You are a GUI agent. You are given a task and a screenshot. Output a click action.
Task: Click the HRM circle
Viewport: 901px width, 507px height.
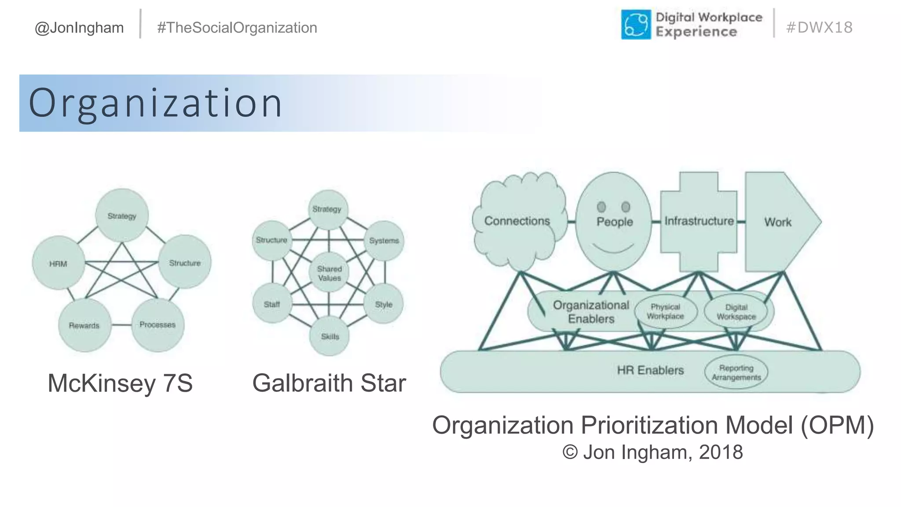click(x=59, y=263)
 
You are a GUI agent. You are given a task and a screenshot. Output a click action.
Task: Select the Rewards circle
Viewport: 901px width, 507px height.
click(x=84, y=325)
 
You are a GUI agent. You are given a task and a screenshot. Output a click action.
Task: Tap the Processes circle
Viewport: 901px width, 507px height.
click(x=157, y=325)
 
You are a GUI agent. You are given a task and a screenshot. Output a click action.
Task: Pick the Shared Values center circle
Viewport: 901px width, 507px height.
click(x=329, y=273)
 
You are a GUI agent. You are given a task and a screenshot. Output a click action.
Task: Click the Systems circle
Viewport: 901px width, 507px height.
click(x=384, y=241)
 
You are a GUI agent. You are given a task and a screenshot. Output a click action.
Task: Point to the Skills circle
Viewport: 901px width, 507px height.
click(x=330, y=336)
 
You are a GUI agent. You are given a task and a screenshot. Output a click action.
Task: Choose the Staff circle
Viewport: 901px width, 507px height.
click(x=272, y=304)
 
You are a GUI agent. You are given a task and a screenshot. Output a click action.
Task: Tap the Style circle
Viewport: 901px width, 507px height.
click(x=384, y=304)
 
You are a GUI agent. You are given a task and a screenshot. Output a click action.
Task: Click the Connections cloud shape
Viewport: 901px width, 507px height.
click(x=517, y=221)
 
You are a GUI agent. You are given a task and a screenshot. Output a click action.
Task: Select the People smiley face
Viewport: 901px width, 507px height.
click(x=614, y=221)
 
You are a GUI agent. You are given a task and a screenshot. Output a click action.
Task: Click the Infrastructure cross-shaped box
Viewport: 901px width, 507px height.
click(x=699, y=221)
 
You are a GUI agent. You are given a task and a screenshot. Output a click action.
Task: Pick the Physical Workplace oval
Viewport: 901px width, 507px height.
click(x=665, y=312)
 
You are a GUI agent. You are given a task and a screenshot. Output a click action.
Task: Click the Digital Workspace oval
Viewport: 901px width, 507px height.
click(x=736, y=312)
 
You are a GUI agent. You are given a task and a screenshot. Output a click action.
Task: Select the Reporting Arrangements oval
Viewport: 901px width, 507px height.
click(x=736, y=372)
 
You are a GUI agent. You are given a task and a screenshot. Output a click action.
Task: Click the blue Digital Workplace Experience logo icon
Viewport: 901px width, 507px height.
click(x=636, y=25)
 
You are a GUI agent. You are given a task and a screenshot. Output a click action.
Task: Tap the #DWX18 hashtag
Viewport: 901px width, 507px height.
click(x=819, y=27)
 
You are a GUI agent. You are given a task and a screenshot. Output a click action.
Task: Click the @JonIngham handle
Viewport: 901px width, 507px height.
click(x=79, y=28)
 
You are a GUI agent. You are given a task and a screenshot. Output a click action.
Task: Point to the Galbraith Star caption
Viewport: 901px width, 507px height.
click(x=329, y=383)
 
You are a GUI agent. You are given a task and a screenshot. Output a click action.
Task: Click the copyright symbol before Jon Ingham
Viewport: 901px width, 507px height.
click(x=570, y=452)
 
